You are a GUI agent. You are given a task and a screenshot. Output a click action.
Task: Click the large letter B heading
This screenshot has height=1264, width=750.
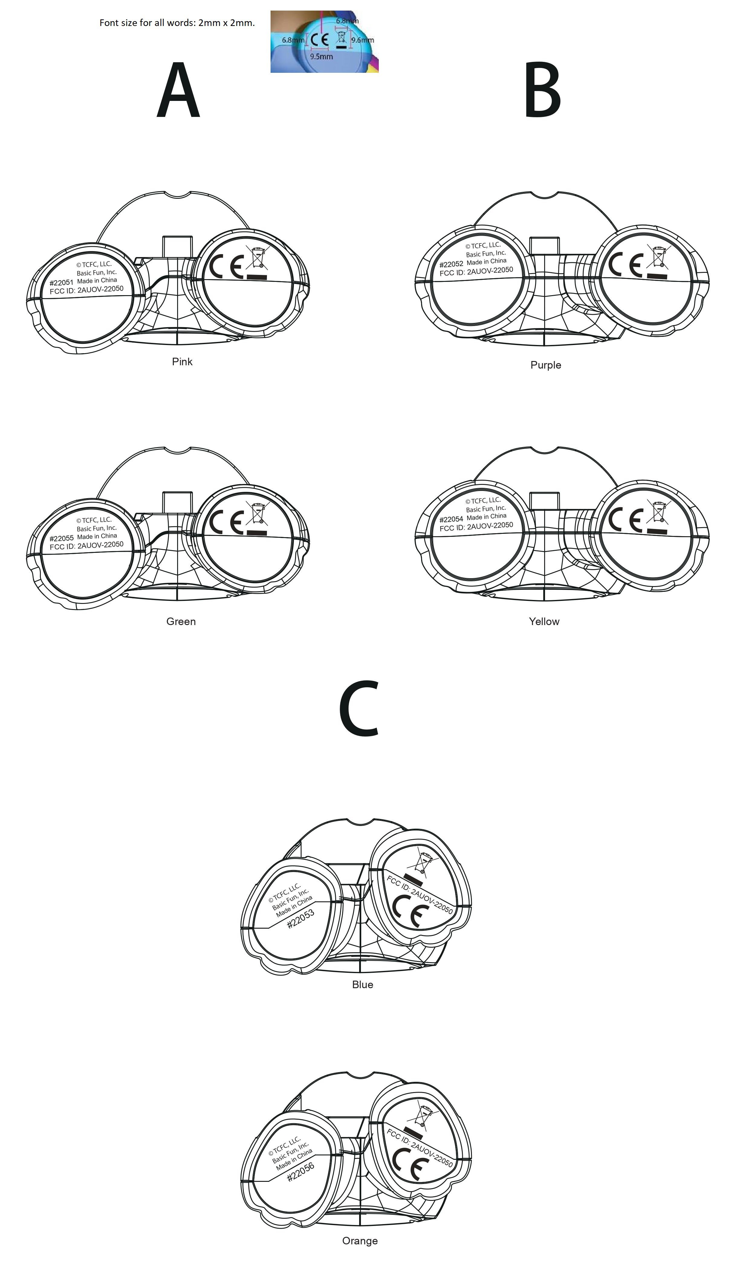tap(542, 91)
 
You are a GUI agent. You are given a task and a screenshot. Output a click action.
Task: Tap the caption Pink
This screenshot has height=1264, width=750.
tap(182, 362)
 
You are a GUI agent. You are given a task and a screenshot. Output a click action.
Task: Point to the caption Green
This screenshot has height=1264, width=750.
tap(181, 622)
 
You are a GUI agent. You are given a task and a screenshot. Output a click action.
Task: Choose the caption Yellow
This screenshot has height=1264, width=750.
tap(544, 622)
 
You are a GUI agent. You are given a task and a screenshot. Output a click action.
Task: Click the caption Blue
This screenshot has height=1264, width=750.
tap(362, 984)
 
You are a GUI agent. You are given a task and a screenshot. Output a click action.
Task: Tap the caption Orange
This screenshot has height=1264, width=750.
tap(360, 1241)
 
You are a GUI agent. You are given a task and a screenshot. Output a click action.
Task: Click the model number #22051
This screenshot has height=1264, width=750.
tap(62, 283)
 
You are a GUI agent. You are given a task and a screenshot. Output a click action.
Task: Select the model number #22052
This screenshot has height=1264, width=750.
tap(451, 264)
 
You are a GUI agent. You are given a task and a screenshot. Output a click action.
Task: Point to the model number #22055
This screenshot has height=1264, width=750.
tap(62, 538)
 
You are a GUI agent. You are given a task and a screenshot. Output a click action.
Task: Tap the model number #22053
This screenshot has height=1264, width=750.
tap(301, 919)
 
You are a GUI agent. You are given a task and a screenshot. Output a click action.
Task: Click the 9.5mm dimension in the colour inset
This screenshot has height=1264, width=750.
tap(321, 56)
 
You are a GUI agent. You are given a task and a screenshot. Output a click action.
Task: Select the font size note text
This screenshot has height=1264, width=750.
tap(177, 23)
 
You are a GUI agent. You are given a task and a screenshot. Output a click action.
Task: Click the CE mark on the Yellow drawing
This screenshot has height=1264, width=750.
tap(625, 520)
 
